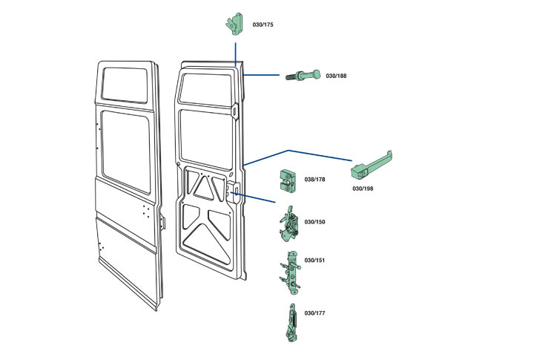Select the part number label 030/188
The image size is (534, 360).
[x=336, y=76]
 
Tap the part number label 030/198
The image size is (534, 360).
[x=363, y=189]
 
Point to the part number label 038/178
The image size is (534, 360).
[x=315, y=180]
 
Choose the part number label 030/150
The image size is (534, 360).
[x=315, y=222]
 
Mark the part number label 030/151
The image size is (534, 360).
[x=315, y=261]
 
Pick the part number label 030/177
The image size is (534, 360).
[x=315, y=313]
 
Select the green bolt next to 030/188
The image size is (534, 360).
[x=302, y=76]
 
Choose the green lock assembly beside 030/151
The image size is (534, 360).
[x=291, y=272]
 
